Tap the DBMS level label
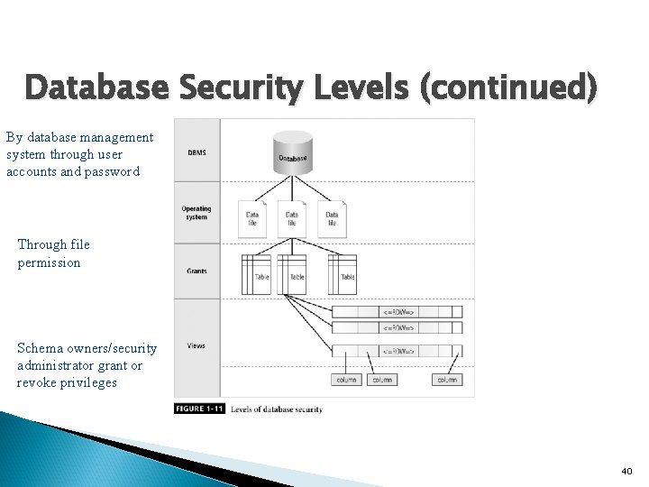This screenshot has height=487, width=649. (196, 152)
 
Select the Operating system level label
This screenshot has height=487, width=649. (196, 213)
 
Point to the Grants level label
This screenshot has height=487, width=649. (197, 271)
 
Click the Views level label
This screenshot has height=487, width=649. (196, 345)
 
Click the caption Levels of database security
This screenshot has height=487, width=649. (277, 409)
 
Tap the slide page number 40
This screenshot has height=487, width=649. (626, 471)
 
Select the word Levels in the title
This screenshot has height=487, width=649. (366, 88)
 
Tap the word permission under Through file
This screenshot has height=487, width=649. (49, 262)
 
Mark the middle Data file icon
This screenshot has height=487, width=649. (291, 218)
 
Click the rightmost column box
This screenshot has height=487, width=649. (447, 380)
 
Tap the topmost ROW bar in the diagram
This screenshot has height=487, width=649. (398, 311)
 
